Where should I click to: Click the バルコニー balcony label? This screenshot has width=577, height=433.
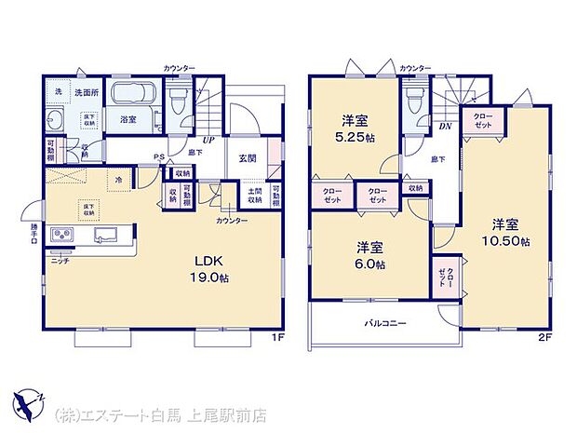coord(383,323)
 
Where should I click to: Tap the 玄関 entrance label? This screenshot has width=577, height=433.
coord(247,156)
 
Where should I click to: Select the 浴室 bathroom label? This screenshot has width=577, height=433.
coord(128,119)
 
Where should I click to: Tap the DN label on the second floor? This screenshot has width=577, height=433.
coord(446,128)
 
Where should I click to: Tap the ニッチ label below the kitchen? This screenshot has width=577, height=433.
coord(60,260)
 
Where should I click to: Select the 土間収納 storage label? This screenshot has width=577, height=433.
coord(254,196)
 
